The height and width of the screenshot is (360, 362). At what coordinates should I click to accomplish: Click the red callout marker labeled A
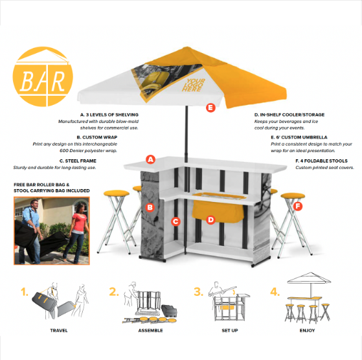click(150, 159)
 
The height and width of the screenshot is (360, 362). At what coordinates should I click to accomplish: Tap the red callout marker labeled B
click(150, 207)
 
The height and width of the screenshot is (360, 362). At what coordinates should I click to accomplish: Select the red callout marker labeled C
click(175, 221)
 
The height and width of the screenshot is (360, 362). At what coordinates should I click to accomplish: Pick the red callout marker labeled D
click(210, 220)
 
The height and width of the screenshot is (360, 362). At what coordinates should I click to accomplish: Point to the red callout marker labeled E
click(210, 107)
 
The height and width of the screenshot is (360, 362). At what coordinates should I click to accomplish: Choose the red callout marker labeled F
click(298, 206)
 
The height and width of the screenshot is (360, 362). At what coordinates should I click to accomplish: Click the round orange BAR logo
click(43, 76)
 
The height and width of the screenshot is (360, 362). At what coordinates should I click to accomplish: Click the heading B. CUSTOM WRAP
click(97, 137)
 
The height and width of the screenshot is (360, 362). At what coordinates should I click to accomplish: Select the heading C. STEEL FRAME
click(78, 161)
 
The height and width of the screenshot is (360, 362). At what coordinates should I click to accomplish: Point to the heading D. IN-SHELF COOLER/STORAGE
click(289, 115)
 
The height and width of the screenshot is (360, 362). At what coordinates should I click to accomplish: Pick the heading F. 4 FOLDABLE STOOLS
click(321, 161)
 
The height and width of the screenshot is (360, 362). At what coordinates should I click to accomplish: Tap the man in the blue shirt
click(31, 231)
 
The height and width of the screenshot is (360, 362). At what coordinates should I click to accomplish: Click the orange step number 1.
click(24, 292)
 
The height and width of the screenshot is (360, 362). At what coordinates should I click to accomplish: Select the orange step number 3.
click(198, 292)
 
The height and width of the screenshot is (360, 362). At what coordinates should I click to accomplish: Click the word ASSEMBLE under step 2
click(150, 330)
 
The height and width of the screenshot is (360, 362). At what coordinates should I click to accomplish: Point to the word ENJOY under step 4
click(308, 330)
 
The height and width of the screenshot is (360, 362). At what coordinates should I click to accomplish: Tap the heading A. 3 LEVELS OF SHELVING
click(109, 115)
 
